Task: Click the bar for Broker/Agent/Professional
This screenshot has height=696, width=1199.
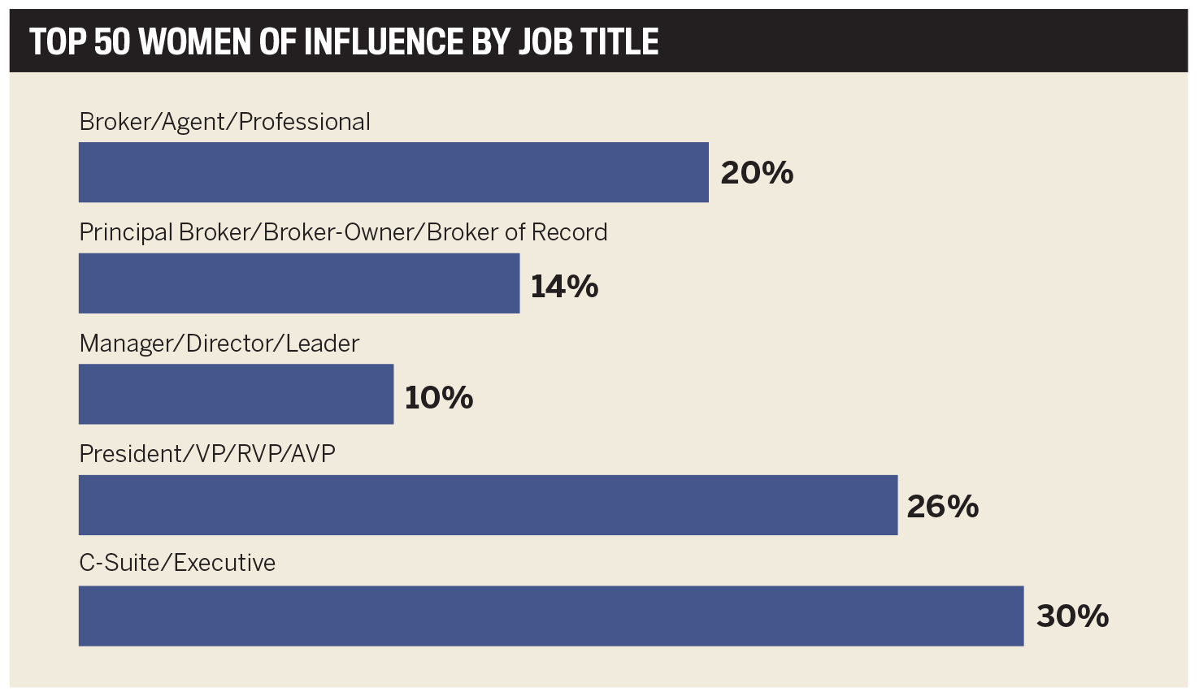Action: click(393, 172)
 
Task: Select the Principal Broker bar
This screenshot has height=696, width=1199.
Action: click(299, 283)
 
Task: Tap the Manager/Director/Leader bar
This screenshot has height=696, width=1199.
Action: click(236, 394)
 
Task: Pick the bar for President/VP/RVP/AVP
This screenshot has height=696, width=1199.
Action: click(488, 505)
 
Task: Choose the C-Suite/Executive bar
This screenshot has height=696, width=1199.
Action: click(551, 616)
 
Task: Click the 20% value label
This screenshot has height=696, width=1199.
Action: click(757, 173)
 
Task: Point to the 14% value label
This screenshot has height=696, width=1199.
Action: click(564, 287)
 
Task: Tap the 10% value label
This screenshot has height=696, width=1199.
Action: click(439, 398)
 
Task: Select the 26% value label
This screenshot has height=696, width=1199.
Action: click(943, 507)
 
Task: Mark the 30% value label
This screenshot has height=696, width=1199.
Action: click(1072, 616)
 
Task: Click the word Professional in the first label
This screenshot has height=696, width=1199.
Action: click(304, 122)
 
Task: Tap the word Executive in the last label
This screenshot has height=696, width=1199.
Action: click(224, 563)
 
